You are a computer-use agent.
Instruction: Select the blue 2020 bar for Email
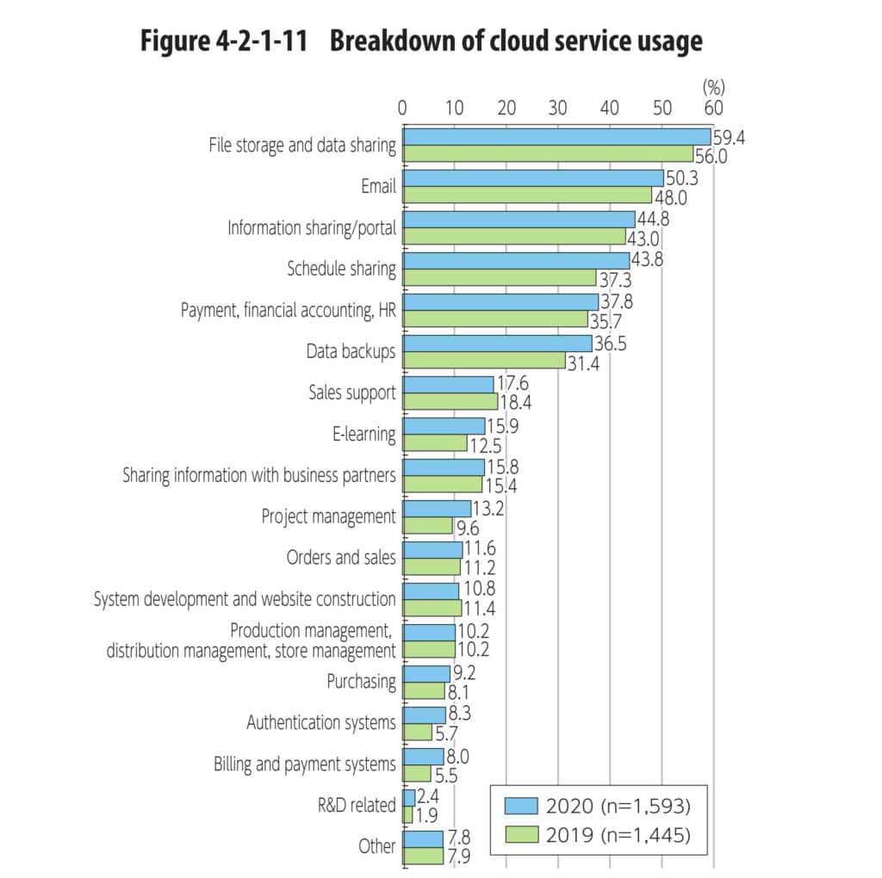[533, 178]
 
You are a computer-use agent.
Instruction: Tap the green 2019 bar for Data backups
[484, 361]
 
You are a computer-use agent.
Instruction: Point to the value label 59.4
[729, 136]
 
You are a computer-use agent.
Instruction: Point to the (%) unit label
[715, 86]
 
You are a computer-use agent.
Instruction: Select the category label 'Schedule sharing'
[341, 269]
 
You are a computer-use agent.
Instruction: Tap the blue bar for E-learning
[444, 426]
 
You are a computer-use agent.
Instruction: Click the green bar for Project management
[428, 525]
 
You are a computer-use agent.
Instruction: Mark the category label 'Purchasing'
[361, 682]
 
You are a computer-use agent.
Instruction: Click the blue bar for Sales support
[449, 385]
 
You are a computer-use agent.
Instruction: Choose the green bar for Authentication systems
[418, 732]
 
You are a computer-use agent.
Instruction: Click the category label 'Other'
[377, 847]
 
